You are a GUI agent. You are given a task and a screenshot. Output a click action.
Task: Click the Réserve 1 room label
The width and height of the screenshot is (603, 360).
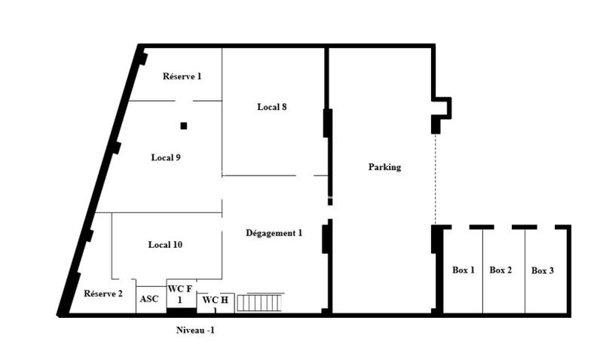point(182,76)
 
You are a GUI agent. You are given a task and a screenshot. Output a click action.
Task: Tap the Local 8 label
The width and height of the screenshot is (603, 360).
point(271,107)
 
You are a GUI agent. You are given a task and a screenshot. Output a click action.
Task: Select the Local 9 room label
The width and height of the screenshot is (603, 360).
point(165,157)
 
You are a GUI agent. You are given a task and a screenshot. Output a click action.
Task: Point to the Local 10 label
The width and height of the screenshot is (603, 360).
point(165,245)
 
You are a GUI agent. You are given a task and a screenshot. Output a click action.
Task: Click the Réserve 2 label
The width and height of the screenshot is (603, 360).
point(103,294)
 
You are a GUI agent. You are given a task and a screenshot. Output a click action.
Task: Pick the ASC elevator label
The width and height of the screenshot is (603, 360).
point(149,299)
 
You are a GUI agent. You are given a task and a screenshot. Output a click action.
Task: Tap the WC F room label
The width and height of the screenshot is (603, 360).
point(180,294)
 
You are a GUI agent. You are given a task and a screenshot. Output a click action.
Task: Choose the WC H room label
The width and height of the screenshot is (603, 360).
point(213,301)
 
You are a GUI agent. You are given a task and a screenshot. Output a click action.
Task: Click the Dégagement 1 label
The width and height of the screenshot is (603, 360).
point(274,233)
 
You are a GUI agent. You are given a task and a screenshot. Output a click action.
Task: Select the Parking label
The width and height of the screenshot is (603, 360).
point(384,167)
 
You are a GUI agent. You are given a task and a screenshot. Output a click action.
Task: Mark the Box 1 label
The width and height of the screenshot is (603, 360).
point(463,270)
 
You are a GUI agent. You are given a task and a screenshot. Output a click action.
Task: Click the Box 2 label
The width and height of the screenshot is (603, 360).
point(501,270)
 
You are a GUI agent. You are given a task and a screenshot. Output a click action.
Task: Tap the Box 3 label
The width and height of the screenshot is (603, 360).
point(543,270)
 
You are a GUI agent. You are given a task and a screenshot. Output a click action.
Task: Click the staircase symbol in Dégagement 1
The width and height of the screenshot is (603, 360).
point(259,302)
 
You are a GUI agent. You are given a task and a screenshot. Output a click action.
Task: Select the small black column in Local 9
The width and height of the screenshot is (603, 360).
point(183,126)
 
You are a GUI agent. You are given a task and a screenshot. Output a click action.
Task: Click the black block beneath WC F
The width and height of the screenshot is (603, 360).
point(181,310)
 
